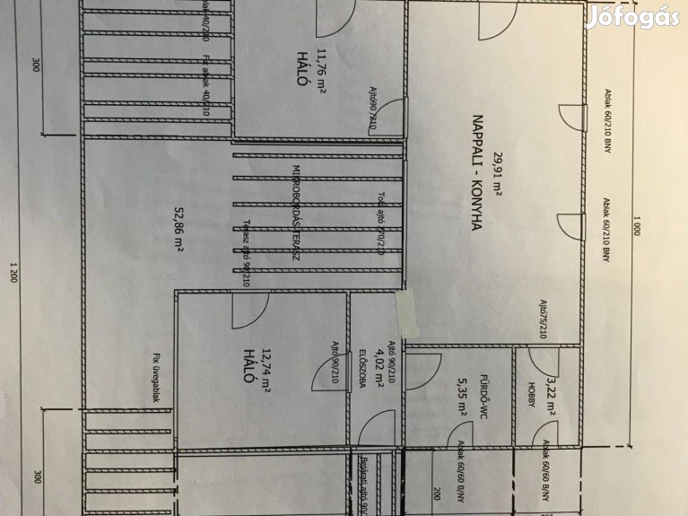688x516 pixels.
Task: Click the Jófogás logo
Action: [x=632, y=17]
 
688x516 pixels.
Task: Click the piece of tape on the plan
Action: [x=405, y=311]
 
